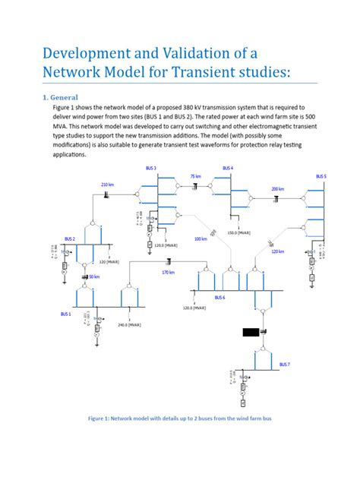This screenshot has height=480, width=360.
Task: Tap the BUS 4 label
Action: point(228,167)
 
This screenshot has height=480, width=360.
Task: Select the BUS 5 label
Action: point(321,176)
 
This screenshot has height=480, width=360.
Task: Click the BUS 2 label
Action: point(70,238)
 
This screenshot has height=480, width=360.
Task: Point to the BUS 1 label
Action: point(66,313)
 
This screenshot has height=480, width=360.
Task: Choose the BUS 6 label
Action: point(219,298)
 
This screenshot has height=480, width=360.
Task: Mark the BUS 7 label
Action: point(284,365)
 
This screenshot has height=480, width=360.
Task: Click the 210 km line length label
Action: point(107,185)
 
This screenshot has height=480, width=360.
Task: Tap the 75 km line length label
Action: point(195,175)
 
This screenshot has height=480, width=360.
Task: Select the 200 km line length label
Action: point(277,188)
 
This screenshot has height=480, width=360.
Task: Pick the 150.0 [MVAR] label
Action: point(239,233)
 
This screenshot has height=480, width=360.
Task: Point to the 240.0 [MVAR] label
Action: point(129,324)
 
